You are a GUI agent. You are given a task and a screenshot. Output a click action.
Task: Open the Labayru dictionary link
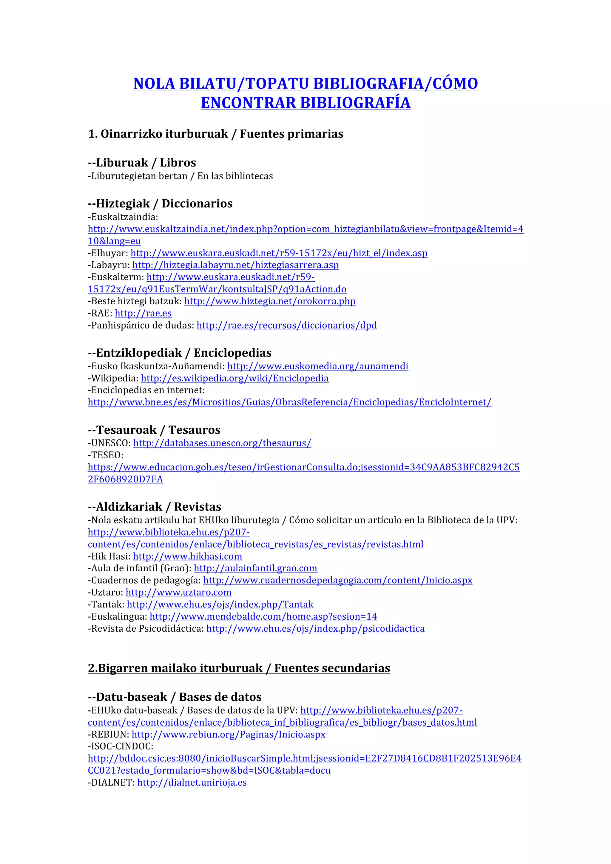(x=235, y=265)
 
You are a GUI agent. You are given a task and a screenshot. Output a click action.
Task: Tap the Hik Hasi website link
(x=187, y=556)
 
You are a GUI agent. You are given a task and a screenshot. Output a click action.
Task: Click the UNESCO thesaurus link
(x=222, y=443)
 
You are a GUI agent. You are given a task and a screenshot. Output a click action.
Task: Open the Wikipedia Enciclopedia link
(x=234, y=378)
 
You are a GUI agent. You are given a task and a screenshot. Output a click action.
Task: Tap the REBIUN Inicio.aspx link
(x=228, y=734)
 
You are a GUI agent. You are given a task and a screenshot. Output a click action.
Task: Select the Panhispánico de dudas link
(x=287, y=325)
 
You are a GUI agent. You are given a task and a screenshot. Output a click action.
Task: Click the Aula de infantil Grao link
(x=255, y=568)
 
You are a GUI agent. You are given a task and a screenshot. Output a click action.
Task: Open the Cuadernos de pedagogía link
(x=337, y=580)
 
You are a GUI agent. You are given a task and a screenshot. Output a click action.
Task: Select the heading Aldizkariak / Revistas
(x=154, y=507)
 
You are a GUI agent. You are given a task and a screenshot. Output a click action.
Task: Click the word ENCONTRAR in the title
(x=248, y=103)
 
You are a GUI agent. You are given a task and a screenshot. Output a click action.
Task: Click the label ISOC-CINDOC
(x=121, y=746)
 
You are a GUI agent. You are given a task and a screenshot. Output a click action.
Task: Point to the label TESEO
(x=105, y=455)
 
